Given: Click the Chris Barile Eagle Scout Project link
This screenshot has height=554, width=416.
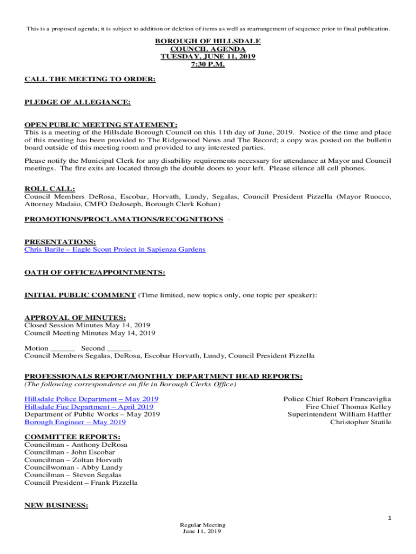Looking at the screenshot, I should [x=115, y=249].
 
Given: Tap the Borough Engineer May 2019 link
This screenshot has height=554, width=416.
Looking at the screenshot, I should [x=75, y=422].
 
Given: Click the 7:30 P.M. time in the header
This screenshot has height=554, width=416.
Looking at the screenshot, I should [x=208, y=64].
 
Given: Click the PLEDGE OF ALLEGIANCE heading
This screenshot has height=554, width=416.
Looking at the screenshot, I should [x=77, y=102].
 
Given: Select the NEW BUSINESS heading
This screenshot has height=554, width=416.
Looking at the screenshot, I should [x=56, y=505].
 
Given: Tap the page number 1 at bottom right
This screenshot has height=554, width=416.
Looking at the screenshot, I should [x=389, y=518].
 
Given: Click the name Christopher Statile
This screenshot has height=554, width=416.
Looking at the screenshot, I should [x=360, y=422].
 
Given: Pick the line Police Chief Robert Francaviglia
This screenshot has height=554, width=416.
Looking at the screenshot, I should [x=337, y=399].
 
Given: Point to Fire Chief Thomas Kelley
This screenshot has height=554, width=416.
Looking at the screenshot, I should [x=348, y=407].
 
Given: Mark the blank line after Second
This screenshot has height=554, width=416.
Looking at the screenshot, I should [x=119, y=349].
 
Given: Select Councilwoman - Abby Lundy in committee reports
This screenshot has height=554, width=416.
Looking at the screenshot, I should [x=73, y=467].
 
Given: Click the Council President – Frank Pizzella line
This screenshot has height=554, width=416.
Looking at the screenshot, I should [x=81, y=483].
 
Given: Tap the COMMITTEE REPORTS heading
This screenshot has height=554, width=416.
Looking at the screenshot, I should [x=72, y=437].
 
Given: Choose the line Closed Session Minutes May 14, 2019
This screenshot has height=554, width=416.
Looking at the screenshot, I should [x=88, y=325].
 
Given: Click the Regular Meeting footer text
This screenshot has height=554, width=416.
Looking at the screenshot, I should [x=203, y=525].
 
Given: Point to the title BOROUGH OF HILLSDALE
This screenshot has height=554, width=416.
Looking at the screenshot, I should [x=208, y=42].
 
